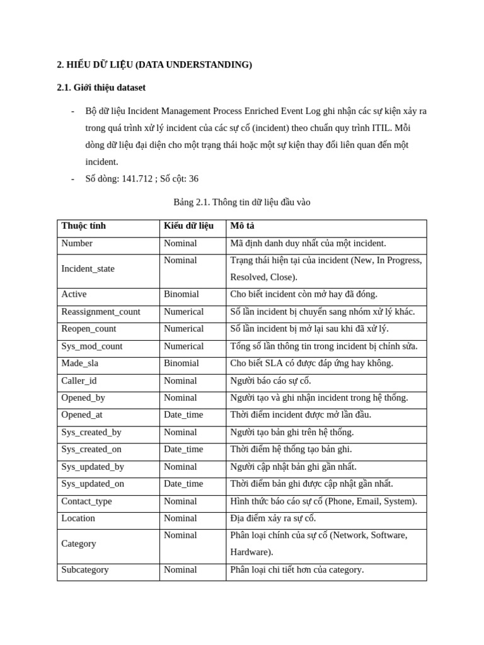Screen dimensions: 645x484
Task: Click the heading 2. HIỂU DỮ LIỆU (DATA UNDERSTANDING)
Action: (154, 64)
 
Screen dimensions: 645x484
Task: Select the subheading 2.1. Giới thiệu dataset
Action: (101, 88)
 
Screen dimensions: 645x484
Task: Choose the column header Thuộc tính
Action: (83, 226)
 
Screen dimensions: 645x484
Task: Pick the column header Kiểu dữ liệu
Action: (188, 226)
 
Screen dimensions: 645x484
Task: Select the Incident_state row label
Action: (88, 269)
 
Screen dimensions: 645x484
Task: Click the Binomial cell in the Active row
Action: (181, 294)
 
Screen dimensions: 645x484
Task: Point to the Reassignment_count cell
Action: (101, 312)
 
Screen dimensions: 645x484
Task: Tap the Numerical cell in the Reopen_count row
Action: (183, 329)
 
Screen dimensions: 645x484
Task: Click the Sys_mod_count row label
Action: (92, 346)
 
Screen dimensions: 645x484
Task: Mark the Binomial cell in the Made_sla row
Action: (181, 363)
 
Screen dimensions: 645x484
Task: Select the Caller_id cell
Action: (79, 381)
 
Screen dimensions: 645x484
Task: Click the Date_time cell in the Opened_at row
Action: (183, 415)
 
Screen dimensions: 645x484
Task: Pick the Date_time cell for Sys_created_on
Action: (183, 449)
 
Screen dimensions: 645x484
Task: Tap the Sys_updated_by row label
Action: (93, 467)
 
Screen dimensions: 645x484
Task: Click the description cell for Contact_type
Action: (323, 501)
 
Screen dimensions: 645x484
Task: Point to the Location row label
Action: (78, 518)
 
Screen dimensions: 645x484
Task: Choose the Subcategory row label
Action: (84, 570)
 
